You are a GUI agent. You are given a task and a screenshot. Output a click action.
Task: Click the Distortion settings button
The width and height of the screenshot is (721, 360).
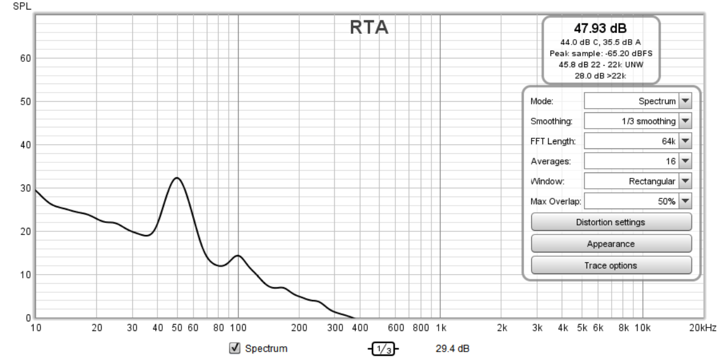click(x=611, y=222)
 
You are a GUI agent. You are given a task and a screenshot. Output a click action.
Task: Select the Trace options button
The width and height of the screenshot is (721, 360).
click(x=611, y=265)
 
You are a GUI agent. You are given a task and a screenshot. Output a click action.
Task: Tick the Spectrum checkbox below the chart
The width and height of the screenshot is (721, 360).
click(x=236, y=348)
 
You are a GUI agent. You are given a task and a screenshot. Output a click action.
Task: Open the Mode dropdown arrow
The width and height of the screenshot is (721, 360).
click(x=685, y=102)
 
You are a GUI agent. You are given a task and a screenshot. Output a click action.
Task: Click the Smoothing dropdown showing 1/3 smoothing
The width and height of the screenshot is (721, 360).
click(x=631, y=121)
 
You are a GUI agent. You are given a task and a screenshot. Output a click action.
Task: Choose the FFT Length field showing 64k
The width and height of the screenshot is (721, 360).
click(x=631, y=141)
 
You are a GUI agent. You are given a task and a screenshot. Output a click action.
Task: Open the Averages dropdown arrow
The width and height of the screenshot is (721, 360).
click(x=685, y=161)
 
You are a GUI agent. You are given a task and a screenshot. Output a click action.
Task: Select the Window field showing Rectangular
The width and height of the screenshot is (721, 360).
click(x=631, y=181)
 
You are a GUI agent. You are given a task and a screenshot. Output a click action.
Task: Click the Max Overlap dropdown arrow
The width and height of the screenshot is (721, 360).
click(x=685, y=201)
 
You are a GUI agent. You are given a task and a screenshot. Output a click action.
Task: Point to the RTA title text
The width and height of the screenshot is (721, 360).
click(x=369, y=28)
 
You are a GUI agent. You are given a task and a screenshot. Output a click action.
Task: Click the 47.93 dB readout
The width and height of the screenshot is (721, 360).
click(x=601, y=28)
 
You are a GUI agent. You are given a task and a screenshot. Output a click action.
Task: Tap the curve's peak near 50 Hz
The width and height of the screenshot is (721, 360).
click(x=176, y=178)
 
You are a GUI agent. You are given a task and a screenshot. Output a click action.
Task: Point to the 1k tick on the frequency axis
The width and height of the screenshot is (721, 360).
click(x=440, y=328)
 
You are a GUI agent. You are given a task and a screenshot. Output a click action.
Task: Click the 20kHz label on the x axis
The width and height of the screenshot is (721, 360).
click(x=702, y=328)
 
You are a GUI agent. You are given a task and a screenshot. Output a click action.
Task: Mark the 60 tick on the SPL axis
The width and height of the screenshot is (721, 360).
click(x=26, y=58)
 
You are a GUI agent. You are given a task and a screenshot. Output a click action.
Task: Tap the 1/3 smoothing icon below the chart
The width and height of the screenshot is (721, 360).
click(x=383, y=349)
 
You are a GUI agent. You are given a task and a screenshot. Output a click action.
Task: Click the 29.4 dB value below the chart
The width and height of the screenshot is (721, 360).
click(x=452, y=349)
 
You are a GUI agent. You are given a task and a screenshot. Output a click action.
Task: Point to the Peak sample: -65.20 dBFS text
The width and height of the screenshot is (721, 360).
click(x=601, y=53)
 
